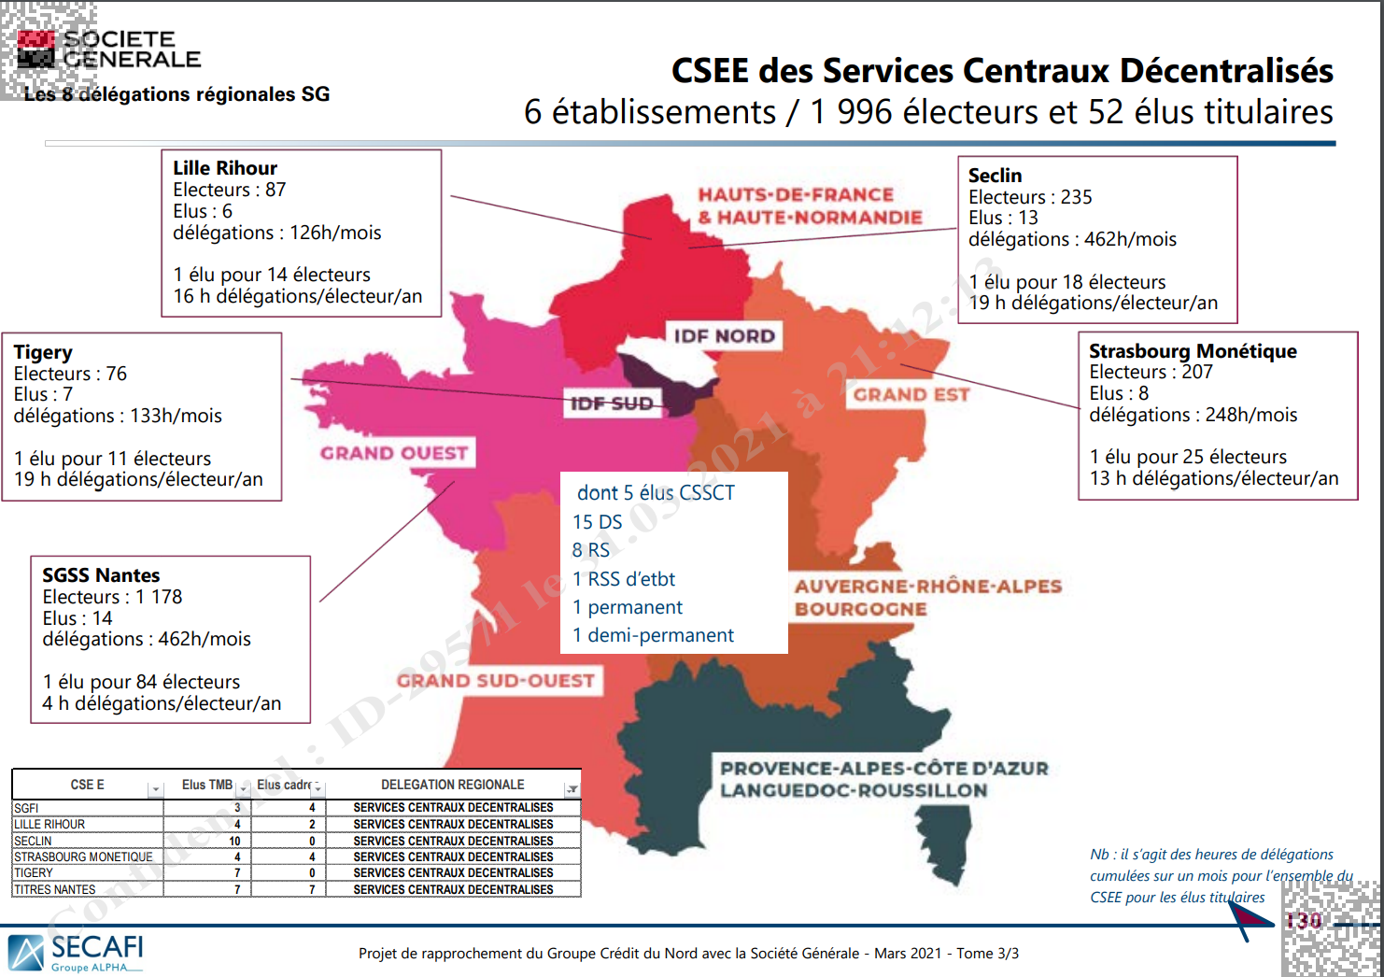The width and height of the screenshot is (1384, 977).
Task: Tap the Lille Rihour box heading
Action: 225,168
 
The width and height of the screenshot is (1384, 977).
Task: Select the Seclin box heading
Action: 995,176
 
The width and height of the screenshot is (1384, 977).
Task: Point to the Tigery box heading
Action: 43,352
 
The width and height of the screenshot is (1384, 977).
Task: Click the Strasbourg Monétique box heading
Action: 1193,351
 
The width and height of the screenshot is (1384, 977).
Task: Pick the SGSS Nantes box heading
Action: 101,575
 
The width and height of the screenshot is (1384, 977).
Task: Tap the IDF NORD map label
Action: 725,336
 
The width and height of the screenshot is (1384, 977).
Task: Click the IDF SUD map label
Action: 612,404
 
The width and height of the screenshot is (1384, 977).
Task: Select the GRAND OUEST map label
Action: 394,453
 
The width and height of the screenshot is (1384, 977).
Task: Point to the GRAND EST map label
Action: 911,394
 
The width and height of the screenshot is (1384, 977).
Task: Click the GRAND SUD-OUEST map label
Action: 495,680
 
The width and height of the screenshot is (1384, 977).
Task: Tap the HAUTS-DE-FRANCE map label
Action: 796,195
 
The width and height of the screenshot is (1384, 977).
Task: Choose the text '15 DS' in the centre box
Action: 598,522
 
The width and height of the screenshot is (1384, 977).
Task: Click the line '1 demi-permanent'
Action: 654,635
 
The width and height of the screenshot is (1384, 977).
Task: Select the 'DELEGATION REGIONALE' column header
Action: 452,785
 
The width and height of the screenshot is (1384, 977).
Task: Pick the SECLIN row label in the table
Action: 34,841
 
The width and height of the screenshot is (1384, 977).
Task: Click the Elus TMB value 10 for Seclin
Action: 235,841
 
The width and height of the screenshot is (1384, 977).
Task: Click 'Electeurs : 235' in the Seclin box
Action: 1030,197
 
